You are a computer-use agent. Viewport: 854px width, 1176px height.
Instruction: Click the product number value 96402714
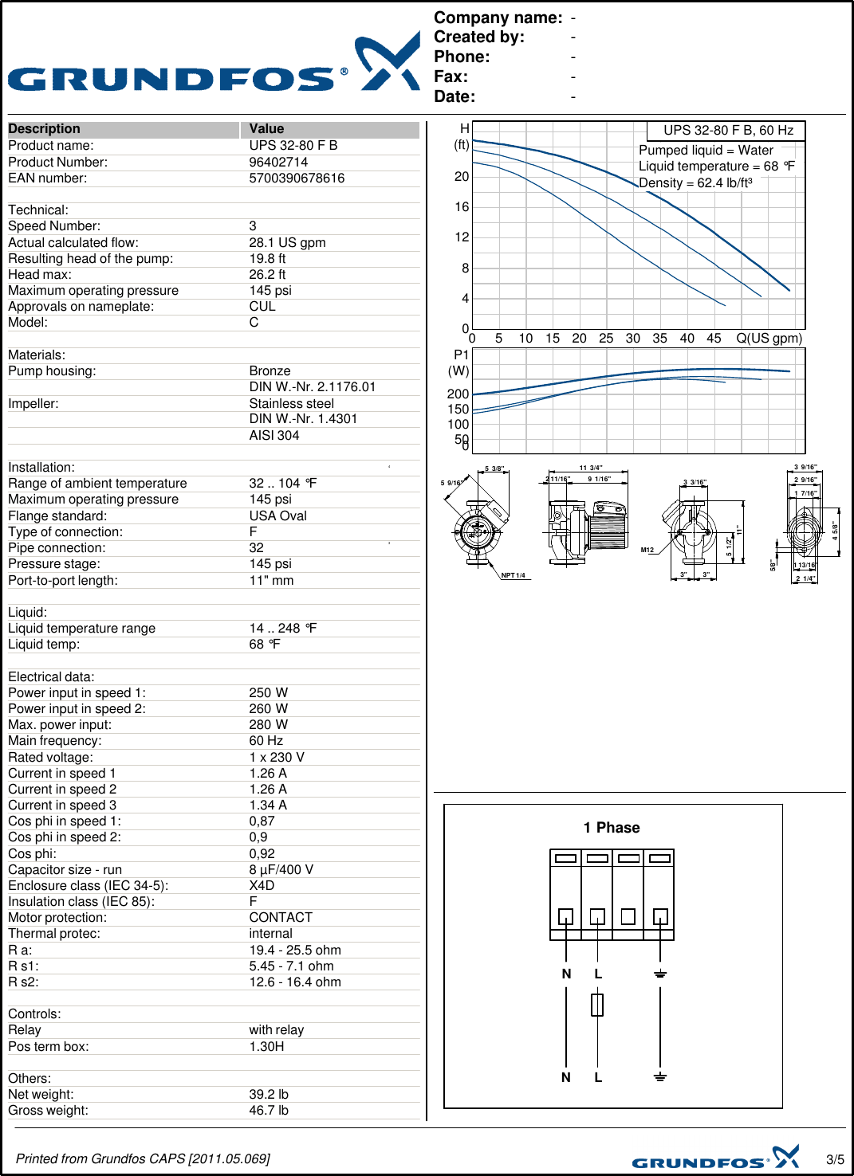click(x=278, y=162)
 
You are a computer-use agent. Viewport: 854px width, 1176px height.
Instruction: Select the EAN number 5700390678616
click(x=297, y=178)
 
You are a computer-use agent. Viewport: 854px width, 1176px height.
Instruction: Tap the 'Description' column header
click(x=44, y=129)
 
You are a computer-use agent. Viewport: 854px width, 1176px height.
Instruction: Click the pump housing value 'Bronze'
click(x=270, y=371)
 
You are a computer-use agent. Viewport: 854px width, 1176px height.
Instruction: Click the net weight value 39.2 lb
click(x=269, y=1095)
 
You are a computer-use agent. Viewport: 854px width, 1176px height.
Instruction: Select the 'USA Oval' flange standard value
click(x=277, y=516)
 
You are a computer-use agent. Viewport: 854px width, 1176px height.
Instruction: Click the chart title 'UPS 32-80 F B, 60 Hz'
click(x=728, y=131)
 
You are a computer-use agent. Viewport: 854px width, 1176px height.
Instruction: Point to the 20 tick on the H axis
click(x=462, y=177)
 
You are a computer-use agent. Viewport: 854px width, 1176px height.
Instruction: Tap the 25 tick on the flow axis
click(x=606, y=339)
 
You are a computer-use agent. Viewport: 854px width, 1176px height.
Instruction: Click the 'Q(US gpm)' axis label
click(x=769, y=339)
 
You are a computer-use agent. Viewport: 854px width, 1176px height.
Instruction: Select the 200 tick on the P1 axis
click(x=458, y=394)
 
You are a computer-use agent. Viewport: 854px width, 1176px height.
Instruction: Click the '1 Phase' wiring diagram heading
click(x=612, y=828)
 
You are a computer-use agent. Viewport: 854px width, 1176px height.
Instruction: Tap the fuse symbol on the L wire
click(x=597, y=1005)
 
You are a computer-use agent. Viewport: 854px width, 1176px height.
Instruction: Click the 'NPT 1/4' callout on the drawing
click(x=513, y=575)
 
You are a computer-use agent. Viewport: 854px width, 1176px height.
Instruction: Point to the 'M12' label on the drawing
click(x=647, y=550)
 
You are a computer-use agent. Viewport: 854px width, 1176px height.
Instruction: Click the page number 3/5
click(x=835, y=1159)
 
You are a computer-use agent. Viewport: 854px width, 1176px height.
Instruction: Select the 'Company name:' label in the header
click(x=498, y=18)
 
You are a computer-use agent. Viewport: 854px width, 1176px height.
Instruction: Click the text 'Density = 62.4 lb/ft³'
click(x=695, y=183)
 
